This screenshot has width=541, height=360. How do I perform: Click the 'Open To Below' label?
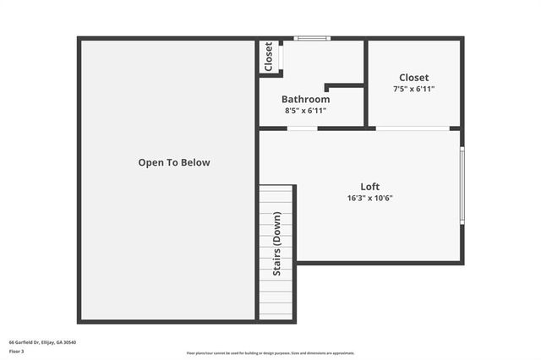coord(174,162)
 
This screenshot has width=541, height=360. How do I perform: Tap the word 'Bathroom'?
coord(305,99)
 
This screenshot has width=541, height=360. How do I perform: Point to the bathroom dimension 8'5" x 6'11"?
coord(305,111)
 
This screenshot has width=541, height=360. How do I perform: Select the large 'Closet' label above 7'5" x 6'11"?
coord(414,77)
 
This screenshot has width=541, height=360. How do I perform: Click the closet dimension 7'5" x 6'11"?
coord(414,89)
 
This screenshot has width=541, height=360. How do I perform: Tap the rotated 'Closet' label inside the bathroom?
coord(269,57)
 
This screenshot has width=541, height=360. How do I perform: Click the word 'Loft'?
coord(370,187)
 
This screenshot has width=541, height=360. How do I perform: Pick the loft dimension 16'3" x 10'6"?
coord(370,199)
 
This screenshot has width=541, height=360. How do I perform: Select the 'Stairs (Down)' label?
coord(276,243)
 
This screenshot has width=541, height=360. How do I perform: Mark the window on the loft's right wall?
coord(462,186)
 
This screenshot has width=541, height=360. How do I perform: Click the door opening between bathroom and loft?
coord(302,128)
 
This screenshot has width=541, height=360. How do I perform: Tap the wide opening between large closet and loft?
coord(413,128)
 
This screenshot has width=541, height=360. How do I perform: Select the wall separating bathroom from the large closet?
coord(366,83)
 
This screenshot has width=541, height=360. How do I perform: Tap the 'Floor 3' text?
coord(17,351)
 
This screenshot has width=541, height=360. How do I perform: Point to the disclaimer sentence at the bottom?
coord(270,353)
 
